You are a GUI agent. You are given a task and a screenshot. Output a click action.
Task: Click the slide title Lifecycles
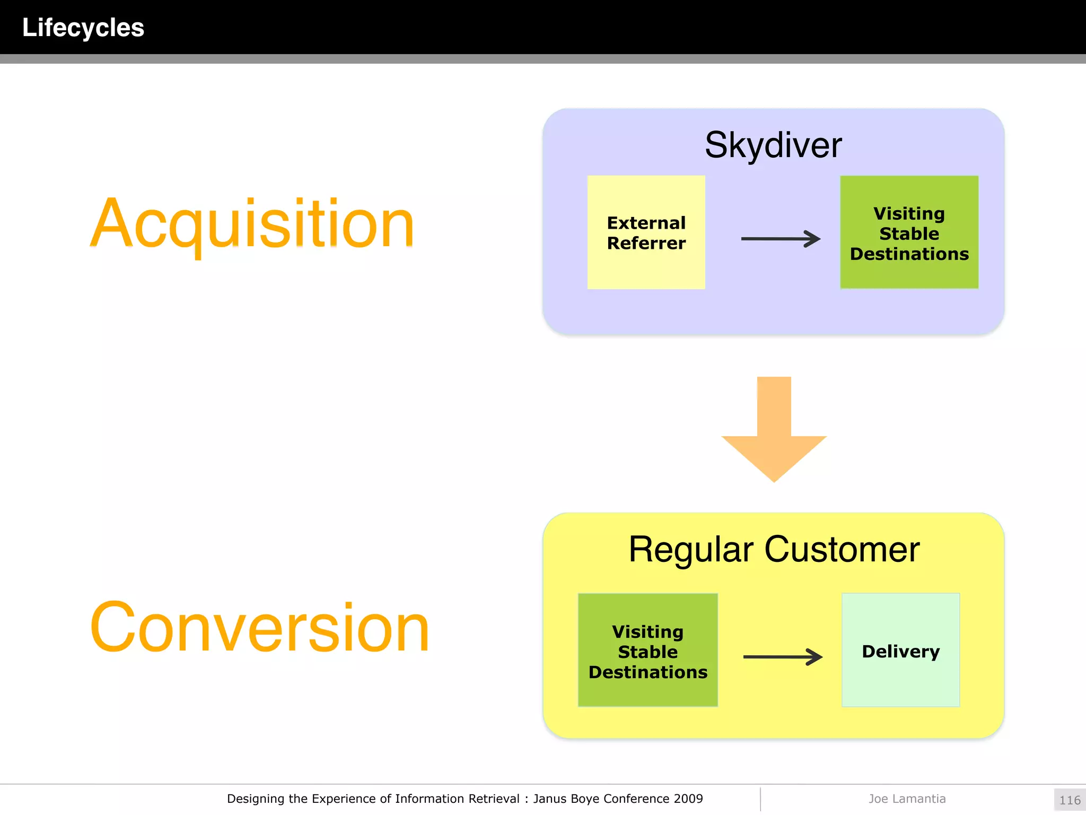(x=83, y=28)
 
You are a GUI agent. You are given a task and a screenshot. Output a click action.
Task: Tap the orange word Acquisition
(x=252, y=223)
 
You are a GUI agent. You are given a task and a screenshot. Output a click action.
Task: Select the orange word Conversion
(x=259, y=627)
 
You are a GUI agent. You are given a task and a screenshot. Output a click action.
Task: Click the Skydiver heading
(x=773, y=145)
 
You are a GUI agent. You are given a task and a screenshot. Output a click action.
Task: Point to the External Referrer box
(x=646, y=232)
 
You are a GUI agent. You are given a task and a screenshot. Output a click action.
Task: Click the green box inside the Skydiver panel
(x=909, y=232)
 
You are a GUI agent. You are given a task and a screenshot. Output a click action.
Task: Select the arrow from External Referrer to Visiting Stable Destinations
(x=780, y=239)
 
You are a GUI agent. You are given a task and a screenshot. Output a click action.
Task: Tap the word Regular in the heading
(x=690, y=550)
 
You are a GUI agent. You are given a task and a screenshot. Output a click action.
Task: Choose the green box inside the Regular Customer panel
(x=647, y=651)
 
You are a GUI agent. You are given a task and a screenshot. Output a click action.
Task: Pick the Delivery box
(x=900, y=651)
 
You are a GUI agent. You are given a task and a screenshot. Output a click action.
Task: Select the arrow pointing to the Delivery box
(x=782, y=657)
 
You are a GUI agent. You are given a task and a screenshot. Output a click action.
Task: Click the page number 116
(x=1070, y=800)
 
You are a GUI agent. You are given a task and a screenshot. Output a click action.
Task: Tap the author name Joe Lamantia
(x=907, y=799)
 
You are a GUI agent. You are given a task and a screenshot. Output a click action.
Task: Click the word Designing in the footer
(x=256, y=799)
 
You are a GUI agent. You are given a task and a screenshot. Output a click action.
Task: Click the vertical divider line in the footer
(x=760, y=799)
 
